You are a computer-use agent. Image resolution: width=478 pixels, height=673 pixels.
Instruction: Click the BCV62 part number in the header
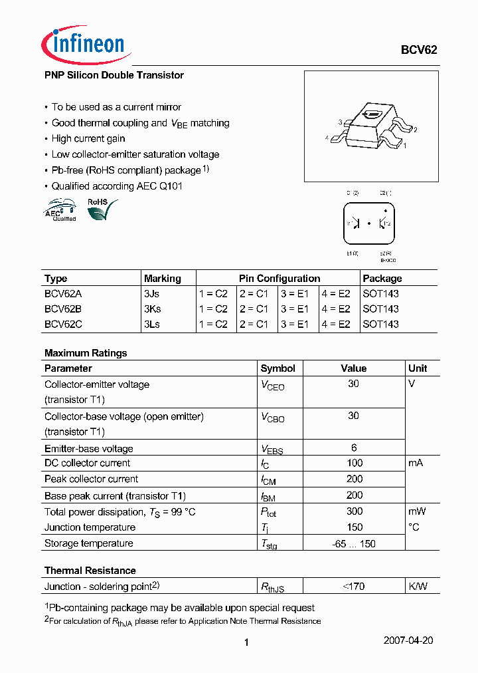(x=418, y=50)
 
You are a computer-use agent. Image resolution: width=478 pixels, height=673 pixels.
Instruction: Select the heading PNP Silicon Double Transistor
(x=114, y=75)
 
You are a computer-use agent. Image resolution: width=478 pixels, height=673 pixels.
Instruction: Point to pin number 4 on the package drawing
(x=327, y=138)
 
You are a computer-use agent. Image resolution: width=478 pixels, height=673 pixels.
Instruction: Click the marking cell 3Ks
(x=152, y=309)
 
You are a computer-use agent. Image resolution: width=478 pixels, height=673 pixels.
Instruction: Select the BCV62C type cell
(x=63, y=325)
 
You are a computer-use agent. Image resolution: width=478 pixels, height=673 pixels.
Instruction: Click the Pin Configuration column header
(x=279, y=279)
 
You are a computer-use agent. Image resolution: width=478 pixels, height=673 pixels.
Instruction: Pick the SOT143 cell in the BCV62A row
(x=380, y=293)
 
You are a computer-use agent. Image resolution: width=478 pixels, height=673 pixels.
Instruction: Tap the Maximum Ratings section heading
(x=86, y=353)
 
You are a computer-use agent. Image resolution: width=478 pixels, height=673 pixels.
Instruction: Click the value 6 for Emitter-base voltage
(x=354, y=448)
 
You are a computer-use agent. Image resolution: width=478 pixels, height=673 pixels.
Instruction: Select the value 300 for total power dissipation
(x=355, y=511)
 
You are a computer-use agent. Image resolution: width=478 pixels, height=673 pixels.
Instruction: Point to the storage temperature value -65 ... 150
(x=354, y=543)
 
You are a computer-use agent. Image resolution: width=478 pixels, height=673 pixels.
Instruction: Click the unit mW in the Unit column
(x=417, y=511)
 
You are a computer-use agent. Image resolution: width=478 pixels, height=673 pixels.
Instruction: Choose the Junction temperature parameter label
(x=90, y=527)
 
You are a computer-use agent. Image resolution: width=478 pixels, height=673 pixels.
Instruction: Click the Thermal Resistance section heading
(x=90, y=571)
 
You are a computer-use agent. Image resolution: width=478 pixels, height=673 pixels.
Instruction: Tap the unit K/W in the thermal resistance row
(x=418, y=586)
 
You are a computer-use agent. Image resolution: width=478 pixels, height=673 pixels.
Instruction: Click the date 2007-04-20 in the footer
(x=408, y=640)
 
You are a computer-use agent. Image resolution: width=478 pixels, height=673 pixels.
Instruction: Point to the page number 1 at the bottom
(x=246, y=642)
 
